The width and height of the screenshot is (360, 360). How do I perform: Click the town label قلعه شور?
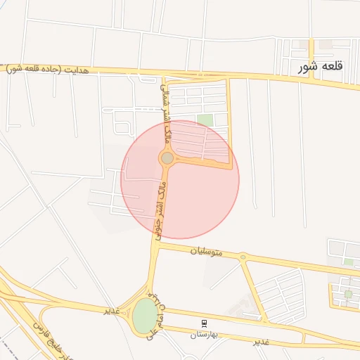pos(324,67)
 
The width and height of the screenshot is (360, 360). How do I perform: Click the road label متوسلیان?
pos(206,250)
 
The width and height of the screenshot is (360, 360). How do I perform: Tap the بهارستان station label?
pos(204,335)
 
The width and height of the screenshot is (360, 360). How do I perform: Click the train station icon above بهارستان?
pos(204,323)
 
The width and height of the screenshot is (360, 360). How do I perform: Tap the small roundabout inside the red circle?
pos(167,158)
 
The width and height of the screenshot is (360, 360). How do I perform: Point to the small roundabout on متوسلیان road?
pos(243,257)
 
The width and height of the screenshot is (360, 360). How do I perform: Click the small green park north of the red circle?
pos(205,120)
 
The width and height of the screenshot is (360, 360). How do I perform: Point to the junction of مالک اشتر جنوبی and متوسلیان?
pos(153,246)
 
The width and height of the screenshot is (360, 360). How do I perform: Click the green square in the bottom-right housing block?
pos(347,294)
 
